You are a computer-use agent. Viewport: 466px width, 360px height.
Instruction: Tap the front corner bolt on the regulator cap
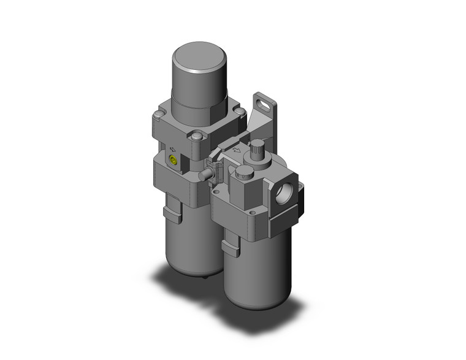pyautogui.click(x=197, y=138)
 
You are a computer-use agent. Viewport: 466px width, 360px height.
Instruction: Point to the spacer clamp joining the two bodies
pyautogui.click(x=216, y=163)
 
